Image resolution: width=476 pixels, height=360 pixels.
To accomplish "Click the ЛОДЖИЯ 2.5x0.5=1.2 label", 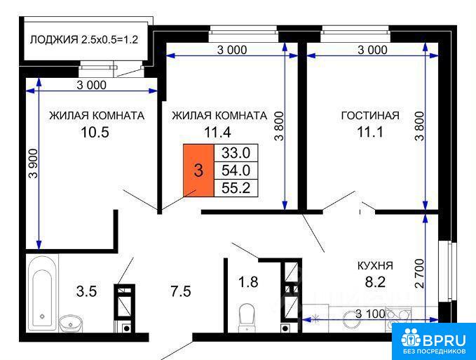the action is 84,39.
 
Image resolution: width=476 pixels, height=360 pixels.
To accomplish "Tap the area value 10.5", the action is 95,133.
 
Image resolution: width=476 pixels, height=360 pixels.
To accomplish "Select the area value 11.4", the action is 217,133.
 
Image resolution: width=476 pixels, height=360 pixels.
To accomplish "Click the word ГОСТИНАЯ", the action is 370,116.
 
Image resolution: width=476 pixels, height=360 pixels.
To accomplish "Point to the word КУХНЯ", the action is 375,266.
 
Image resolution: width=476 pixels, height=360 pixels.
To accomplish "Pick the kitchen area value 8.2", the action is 375,282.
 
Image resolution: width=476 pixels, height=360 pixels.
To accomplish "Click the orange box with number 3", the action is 198,171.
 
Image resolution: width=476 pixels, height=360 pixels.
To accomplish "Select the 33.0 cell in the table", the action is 236,153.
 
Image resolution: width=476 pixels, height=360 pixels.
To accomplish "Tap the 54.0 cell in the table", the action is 236,171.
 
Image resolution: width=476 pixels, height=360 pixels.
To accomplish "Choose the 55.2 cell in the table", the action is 236,188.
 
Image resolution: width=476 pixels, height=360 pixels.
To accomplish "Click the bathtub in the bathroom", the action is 42,293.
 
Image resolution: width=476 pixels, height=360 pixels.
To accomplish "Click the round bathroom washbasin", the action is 71,324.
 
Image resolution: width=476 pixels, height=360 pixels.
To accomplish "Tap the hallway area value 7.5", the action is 181,292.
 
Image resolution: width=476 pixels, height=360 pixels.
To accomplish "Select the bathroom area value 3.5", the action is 86,292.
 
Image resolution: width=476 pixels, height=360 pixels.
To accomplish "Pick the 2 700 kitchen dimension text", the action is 419,274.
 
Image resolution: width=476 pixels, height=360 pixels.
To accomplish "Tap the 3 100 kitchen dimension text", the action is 370,314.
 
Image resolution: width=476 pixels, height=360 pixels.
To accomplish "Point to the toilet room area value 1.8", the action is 248,282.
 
